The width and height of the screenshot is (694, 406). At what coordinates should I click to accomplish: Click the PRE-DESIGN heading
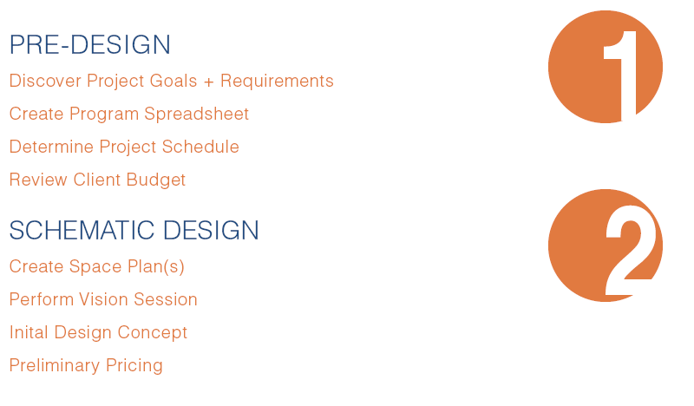pos(90,45)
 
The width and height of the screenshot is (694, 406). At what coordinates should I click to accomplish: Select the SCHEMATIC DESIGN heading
pos(134,231)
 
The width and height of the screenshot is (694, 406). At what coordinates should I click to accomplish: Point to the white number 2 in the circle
pos(632,254)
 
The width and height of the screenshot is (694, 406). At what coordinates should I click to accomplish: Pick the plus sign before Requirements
pos(207,82)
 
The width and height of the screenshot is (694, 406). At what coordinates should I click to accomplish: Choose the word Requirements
pos(277,82)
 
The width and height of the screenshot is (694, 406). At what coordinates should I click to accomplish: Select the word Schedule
pos(204,147)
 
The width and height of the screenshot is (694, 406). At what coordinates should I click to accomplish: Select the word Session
pos(168,300)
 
